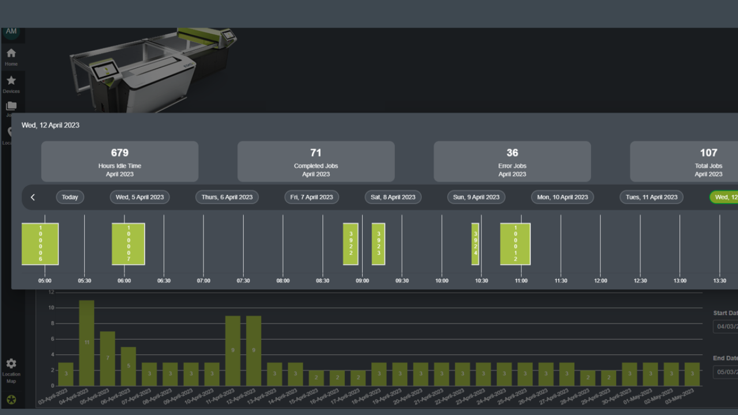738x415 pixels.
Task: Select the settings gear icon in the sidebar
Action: (x=11, y=364)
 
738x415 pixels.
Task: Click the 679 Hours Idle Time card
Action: (x=120, y=161)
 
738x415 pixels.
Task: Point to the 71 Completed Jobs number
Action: (x=316, y=153)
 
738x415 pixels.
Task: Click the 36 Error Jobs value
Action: (x=513, y=153)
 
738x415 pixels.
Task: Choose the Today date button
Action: (x=70, y=197)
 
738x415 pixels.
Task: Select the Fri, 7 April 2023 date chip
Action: (x=311, y=197)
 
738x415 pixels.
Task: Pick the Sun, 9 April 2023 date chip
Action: (x=476, y=197)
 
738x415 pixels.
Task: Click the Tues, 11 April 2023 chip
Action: (x=652, y=197)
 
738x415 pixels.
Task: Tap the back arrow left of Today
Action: (x=33, y=197)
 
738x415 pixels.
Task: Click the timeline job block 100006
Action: (x=40, y=244)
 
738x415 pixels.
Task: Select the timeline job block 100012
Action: (x=515, y=244)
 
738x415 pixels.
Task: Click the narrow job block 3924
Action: (x=476, y=244)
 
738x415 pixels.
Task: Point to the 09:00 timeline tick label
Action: (x=362, y=281)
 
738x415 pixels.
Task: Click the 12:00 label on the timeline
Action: (x=601, y=281)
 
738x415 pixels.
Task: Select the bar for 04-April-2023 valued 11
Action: (x=86, y=343)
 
